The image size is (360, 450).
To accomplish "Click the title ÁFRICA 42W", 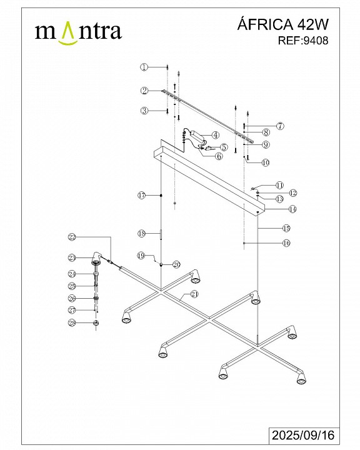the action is (282, 24).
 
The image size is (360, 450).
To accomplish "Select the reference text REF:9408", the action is (303, 41).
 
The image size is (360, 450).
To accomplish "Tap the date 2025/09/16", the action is (303, 435).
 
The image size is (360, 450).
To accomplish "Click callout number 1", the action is (144, 67).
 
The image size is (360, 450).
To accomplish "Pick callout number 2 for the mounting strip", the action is (144, 91).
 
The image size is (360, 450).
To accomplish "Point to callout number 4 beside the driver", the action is (216, 135).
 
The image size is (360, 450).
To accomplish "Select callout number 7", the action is (280, 126).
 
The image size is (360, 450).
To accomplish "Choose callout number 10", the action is (266, 162).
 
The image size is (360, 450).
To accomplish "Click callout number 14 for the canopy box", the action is (292, 209).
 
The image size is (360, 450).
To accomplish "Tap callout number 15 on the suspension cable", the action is (286, 229).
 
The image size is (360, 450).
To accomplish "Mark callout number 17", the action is (141, 196).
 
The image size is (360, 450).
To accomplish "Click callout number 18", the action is (141, 234).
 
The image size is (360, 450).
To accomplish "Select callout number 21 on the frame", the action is (194, 294).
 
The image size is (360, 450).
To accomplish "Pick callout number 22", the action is (72, 237).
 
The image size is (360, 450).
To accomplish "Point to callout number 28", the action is (72, 323).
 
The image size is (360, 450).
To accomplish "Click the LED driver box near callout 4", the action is (196, 134).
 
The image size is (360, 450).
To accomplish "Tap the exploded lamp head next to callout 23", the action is (96, 258).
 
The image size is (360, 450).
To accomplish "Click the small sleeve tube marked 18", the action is (161, 234).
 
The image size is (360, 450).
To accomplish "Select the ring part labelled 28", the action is (96, 323).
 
